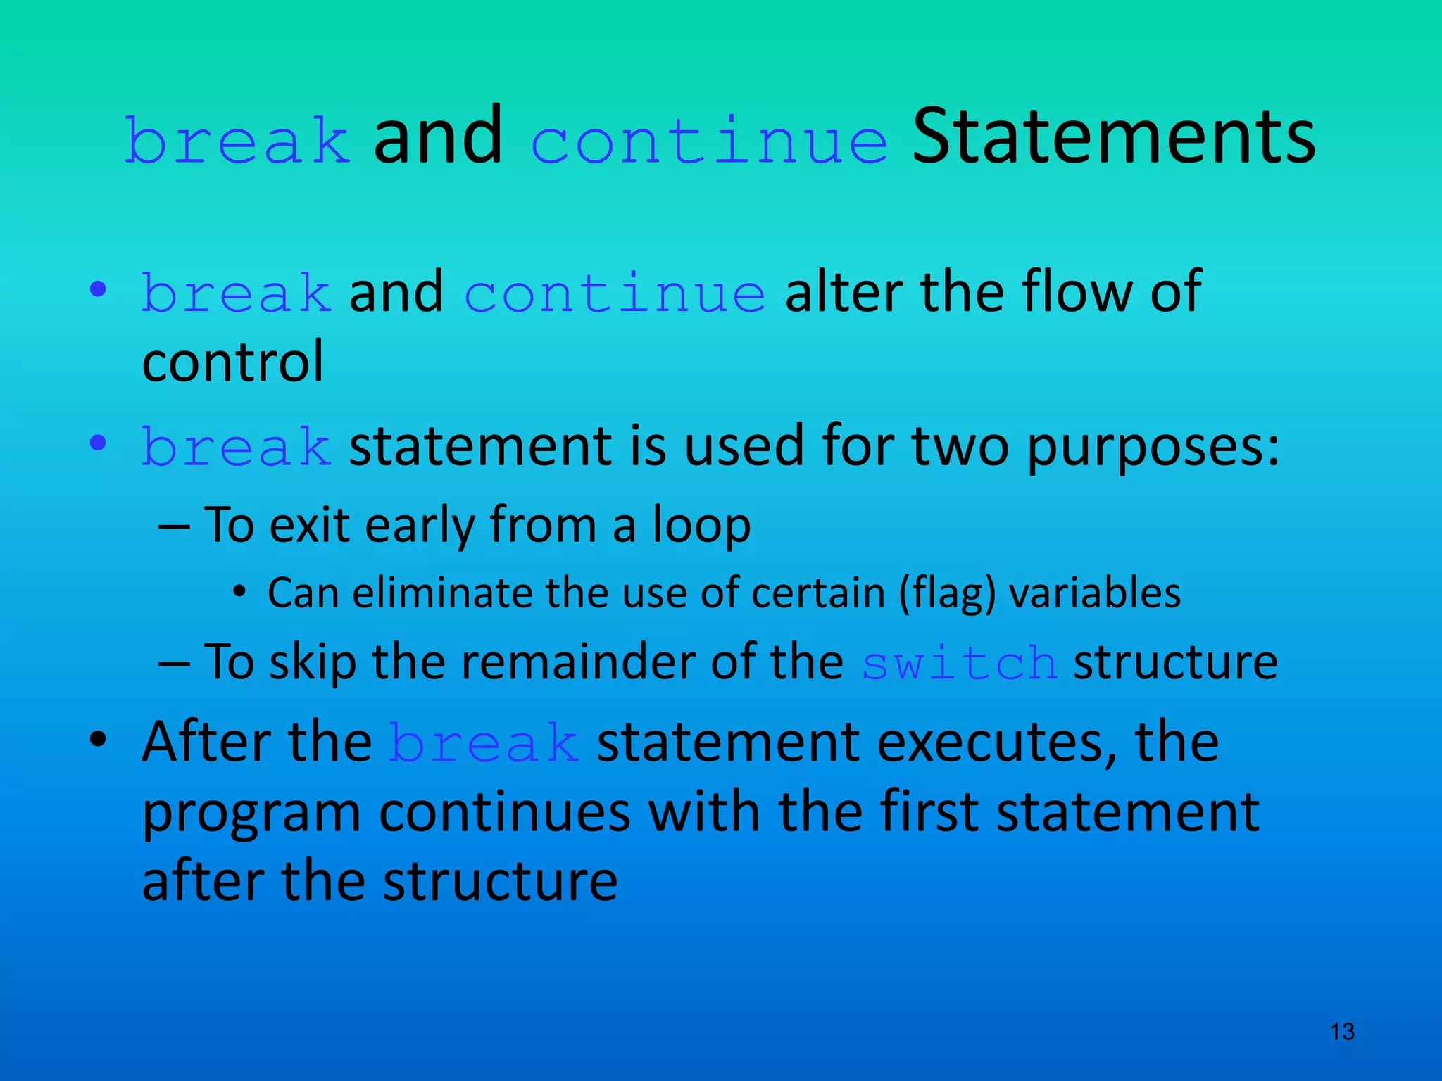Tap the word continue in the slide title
pos(708,141)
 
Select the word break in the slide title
pos(237,141)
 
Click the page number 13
pos(1342,1032)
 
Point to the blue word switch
pos(959,663)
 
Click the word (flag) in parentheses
pos(947,593)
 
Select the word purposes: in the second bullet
pos(1153,448)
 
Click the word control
pos(232,362)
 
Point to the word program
pos(251,814)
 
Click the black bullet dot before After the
pos(98,739)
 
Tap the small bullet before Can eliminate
pos(239,593)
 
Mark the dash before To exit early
pos(174,526)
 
